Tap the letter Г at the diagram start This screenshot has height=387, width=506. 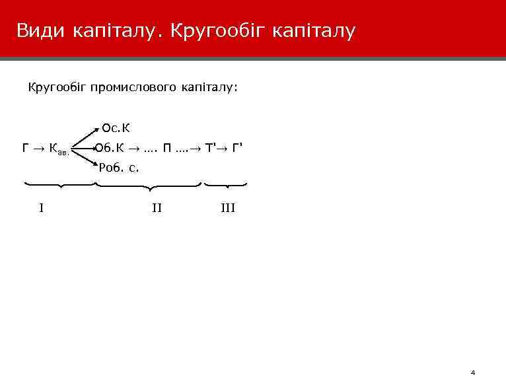tap(26, 147)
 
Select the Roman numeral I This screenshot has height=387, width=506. tap(42, 209)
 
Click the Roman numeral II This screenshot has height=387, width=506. tap(157, 209)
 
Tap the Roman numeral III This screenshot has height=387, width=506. tap(227, 209)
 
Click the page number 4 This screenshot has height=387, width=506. tap(473, 372)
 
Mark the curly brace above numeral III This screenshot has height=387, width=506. tap(226, 186)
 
